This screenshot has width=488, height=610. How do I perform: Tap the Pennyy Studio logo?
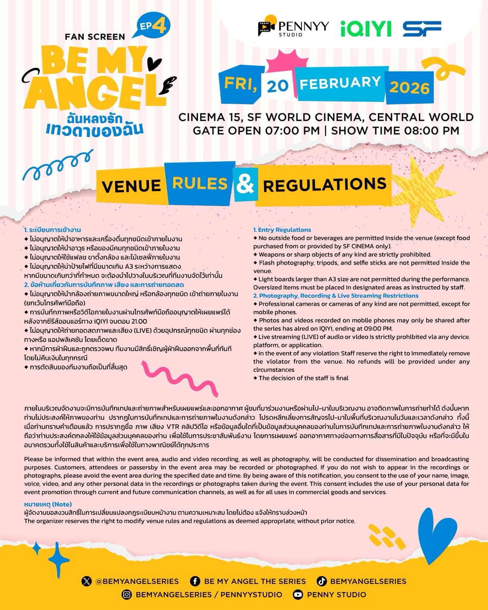point(293,28)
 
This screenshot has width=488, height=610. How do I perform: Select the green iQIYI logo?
point(366,29)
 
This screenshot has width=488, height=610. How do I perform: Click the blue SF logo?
point(422,29)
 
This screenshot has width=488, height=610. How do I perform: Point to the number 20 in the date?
point(278,86)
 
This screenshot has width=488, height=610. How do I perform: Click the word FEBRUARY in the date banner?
point(340,83)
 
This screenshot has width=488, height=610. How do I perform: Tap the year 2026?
point(409,87)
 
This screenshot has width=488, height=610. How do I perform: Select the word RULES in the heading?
point(200,183)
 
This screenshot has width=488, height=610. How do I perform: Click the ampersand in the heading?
point(245,183)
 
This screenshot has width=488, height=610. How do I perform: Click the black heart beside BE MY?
point(154,64)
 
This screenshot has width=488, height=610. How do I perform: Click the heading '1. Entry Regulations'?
point(282,230)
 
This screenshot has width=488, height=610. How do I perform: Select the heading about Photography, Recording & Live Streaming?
point(336,296)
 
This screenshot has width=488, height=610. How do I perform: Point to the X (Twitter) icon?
point(87,581)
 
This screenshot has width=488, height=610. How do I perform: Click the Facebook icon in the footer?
point(195,581)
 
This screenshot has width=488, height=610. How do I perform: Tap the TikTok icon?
point(322,581)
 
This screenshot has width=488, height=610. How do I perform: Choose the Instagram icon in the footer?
point(127,595)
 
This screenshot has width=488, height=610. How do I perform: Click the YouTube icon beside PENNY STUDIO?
point(298,595)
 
